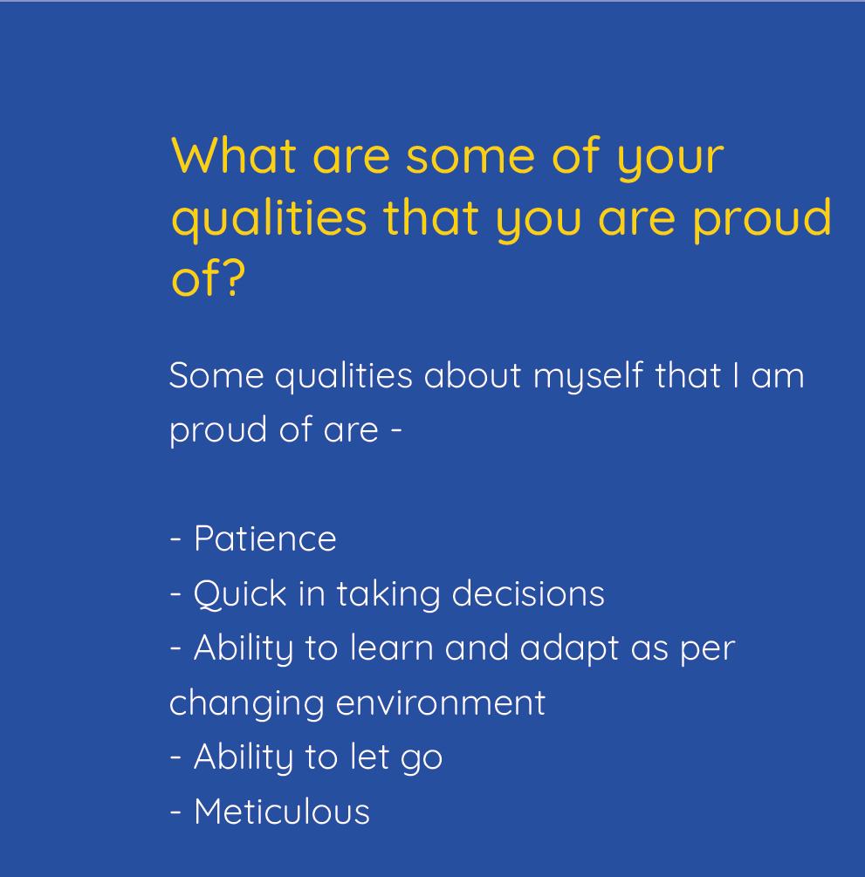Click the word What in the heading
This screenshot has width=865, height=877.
(x=234, y=155)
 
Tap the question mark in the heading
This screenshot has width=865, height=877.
(x=232, y=277)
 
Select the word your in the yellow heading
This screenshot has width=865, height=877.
(x=670, y=161)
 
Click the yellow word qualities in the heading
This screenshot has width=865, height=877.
(x=269, y=219)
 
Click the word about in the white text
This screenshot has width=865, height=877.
(x=473, y=374)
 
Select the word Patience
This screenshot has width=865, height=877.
(x=264, y=538)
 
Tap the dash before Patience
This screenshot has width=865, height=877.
(x=175, y=540)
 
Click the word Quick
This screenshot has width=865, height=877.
(x=240, y=593)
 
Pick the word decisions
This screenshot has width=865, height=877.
(x=527, y=593)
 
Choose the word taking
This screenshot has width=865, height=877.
(x=388, y=595)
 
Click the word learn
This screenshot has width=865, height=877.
(x=392, y=647)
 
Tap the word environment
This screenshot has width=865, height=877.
(x=440, y=703)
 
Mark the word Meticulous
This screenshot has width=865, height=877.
(x=281, y=811)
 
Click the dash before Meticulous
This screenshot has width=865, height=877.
(x=175, y=812)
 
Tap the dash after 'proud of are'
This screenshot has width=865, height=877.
(x=396, y=431)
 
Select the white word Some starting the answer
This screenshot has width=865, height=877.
(x=216, y=374)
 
